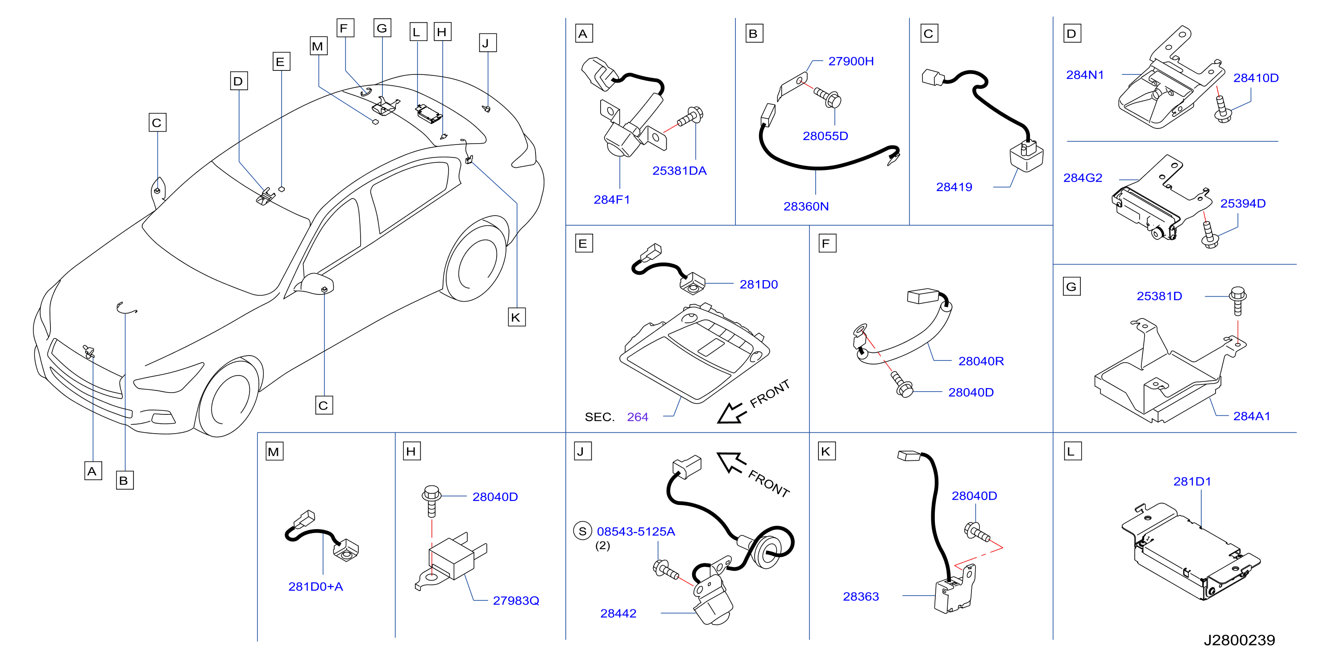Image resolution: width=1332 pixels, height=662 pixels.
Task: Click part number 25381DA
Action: [x=679, y=170]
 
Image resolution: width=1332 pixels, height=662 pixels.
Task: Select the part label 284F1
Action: [x=612, y=199]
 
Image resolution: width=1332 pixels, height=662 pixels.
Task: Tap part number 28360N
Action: [x=805, y=206]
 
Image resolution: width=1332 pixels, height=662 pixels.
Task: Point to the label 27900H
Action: [x=851, y=61]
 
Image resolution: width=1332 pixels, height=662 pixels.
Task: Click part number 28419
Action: [x=954, y=187]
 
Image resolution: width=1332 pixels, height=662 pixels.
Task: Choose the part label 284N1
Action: [x=1085, y=75]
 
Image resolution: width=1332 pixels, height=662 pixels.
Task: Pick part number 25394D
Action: [x=1243, y=203]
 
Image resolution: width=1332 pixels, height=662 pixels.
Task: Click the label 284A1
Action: [x=1251, y=416]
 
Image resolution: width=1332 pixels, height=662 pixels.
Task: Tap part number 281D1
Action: [x=1192, y=482]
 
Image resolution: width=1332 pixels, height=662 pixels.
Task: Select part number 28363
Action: [x=860, y=596]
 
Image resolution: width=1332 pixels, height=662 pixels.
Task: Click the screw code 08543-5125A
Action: [x=635, y=531]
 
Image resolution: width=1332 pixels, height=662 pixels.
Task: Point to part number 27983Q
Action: [x=515, y=600]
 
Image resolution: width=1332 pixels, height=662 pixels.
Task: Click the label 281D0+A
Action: [x=315, y=587]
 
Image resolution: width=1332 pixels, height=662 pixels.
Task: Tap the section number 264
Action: [x=637, y=417]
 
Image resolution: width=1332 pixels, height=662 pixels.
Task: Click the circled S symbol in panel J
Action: [x=582, y=531]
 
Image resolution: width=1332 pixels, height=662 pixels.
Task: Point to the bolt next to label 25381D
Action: [x=1237, y=301]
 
